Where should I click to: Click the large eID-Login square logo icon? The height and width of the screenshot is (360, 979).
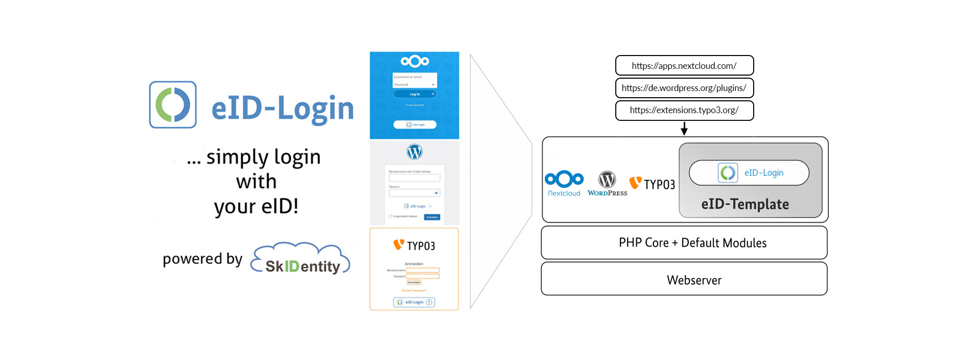(x=173, y=104)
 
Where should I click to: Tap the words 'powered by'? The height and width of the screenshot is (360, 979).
(x=202, y=259)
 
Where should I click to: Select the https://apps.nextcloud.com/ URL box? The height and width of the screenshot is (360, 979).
(x=684, y=65)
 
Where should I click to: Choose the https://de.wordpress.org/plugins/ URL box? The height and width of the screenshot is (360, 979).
(x=684, y=88)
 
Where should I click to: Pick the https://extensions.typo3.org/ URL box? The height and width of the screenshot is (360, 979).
(x=684, y=110)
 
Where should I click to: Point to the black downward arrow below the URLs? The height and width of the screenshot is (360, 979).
(x=684, y=129)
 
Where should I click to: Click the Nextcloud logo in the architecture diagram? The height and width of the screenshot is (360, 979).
(x=564, y=183)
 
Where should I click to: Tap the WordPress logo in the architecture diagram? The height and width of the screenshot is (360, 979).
(x=607, y=183)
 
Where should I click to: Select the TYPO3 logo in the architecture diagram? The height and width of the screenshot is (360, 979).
(x=652, y=184)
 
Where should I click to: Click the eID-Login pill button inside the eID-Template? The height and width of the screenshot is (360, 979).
(x=749, y=173)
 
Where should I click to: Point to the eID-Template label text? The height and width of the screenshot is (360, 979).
(x=745, y=204)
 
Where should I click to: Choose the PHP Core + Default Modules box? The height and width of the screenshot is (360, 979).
(x=684, y=243)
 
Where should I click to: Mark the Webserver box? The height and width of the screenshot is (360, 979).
(x=684, y=280)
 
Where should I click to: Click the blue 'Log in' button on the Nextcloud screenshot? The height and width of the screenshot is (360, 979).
(x=415, y=94)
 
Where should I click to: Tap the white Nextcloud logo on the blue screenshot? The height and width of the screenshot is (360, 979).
(x=415, y=62)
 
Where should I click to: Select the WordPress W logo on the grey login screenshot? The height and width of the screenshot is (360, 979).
(x=415, y=152)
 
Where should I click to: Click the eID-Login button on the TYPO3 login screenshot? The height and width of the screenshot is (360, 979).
(x=414, y=302)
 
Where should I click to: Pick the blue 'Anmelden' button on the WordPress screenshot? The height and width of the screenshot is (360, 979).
(x=432, y=217)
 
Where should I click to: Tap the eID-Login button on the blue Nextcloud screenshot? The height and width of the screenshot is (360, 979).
(x=415, y=124)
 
